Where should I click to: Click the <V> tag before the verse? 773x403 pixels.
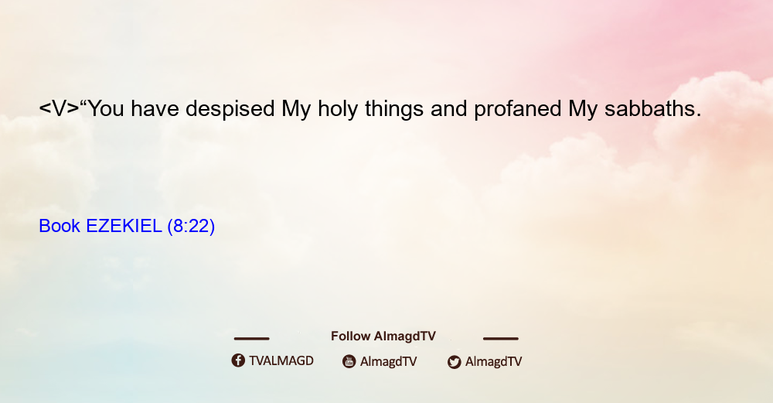tap(59, 108)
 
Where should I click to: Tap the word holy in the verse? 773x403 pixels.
tap(338, 109)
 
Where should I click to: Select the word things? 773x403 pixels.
tap(394, 109)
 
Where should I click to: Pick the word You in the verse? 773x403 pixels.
tap(105, 109)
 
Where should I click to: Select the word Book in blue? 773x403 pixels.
tap(60, 226)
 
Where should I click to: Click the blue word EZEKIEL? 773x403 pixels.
tap(124, 226)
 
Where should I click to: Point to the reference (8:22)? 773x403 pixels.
tap(191, 227)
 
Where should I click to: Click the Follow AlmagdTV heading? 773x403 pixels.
tap(383, 336)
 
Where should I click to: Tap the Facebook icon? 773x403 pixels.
tap(238, 360)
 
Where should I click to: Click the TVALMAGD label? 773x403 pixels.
tap(281, 361)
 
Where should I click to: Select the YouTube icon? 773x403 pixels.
tap(349, 361)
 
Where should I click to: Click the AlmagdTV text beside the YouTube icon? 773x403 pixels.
tap(389, 362)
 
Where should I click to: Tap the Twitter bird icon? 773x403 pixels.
tap(454, 362)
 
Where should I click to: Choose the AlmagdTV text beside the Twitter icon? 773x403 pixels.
tap(493, 362)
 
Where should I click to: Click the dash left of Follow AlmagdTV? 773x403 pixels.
tap(251, 338)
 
